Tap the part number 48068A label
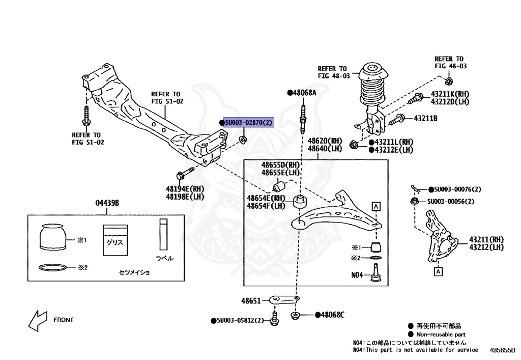[304, 93]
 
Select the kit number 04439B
[107, 203]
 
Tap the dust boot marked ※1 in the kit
[53, 237]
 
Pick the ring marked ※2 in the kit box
[51, 267]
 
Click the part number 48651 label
[251, 301]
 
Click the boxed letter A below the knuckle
[437, 272]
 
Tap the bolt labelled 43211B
[397, 120]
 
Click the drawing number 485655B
[503, 350]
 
